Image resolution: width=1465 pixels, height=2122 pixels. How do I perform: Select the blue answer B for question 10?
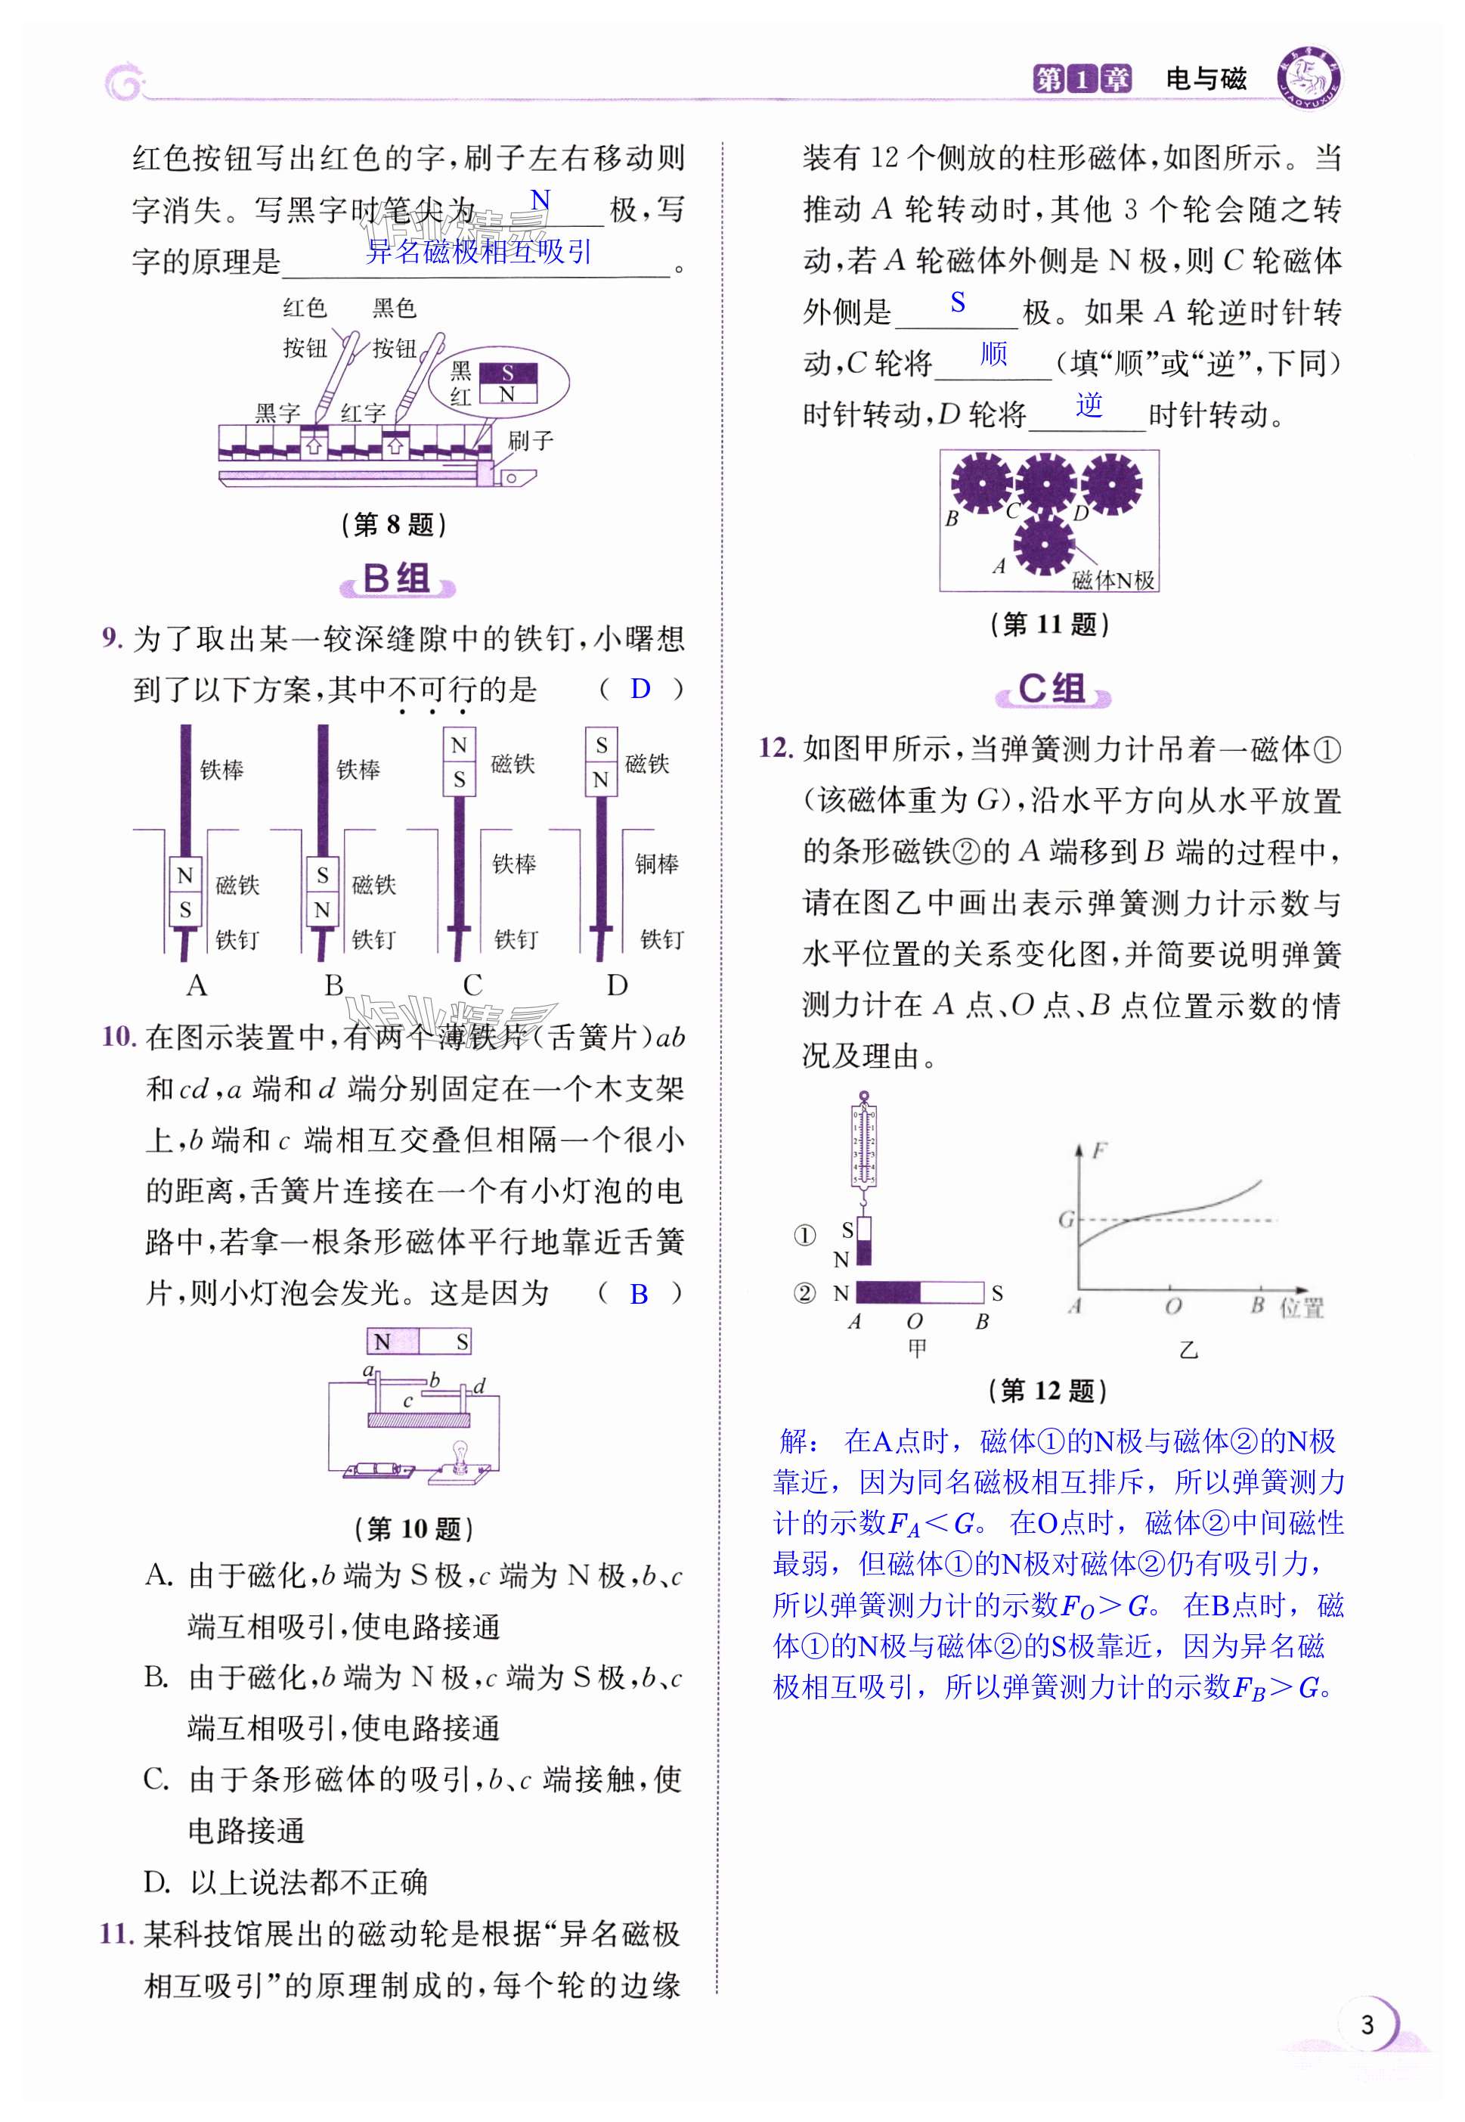639,1294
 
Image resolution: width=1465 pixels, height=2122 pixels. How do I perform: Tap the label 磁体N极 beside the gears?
1113,580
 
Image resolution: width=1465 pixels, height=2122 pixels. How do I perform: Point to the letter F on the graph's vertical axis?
1100,1149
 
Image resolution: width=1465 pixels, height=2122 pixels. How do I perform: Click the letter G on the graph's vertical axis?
1066,1219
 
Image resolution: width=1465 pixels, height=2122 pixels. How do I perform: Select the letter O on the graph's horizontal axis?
1173,1306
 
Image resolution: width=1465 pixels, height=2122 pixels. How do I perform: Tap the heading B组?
397,579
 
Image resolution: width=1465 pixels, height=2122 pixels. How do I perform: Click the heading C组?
1052,689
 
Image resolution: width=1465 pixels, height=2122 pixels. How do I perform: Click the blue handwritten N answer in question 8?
540,201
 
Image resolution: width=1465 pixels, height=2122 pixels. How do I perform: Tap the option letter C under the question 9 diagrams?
472,985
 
